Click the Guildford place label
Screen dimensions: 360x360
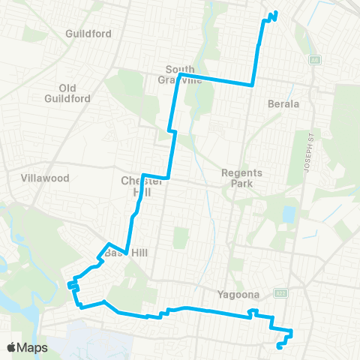click(x=88, y=34)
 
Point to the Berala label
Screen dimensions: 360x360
click(x=283, y=103)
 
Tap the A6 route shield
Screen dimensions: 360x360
click(x=315, y=59)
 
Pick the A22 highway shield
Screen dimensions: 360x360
click(x=280, y=292)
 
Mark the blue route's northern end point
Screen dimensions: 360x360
click(x=276, y=12)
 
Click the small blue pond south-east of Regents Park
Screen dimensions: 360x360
click(x=289, y=215)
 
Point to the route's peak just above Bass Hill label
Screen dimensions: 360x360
click(x=109, y=244)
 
